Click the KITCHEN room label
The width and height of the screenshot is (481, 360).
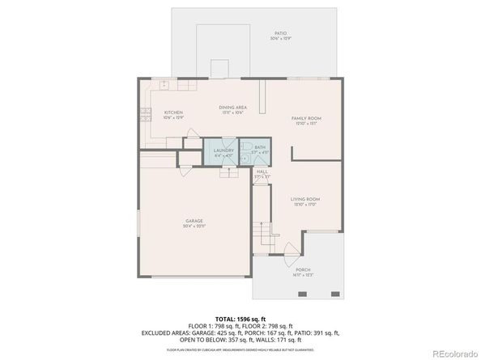[x=173, y=112]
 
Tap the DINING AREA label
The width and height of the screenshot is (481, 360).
[x=232, y=108]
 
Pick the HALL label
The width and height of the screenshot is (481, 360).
[x=262, y=172]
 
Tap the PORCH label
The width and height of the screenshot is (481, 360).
[x=303, y=270]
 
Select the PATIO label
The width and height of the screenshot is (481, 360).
[x=279, y=34]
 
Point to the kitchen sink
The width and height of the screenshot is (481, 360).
[x=164, y=84]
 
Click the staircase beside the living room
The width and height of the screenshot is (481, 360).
[x=262, y=238]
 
